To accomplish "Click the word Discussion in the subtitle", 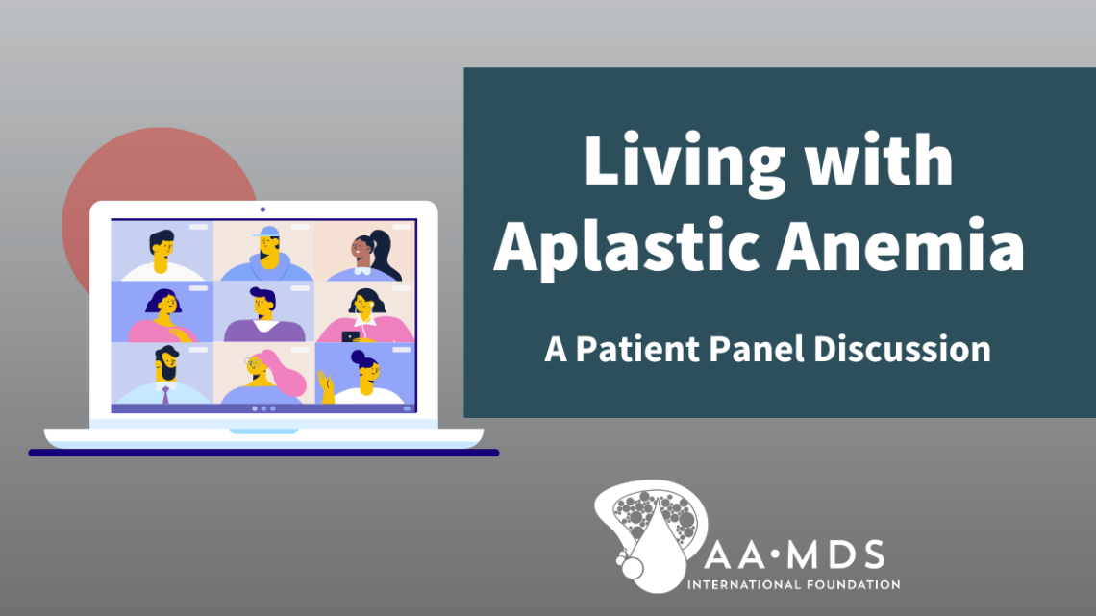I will click(x=902, y=349).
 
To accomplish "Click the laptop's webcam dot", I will click(x=262, y=209).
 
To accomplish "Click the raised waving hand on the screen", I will click(x=327, y=388).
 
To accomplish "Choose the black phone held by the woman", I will click(x=347, y=336).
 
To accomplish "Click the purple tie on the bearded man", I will click(x=165, y=393).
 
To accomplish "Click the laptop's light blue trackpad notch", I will click(x=262, y=431).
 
